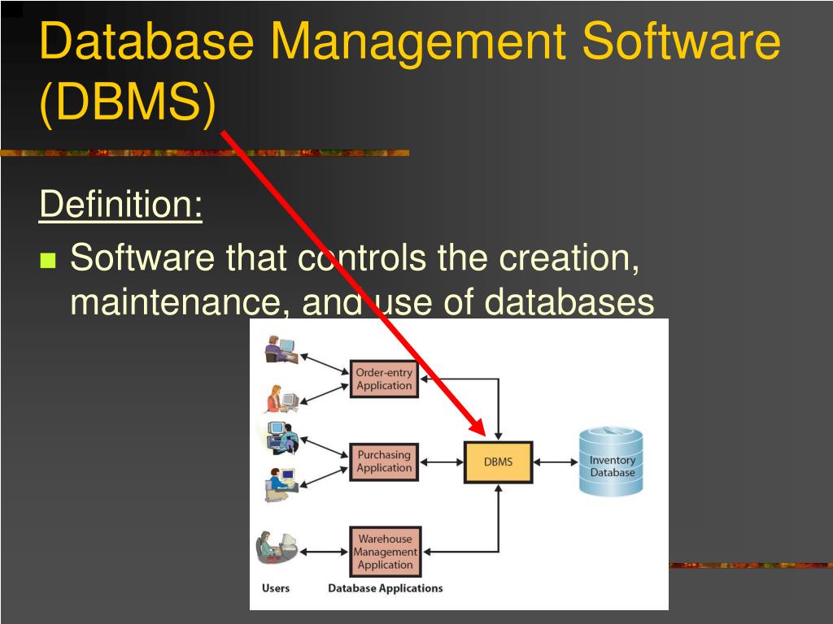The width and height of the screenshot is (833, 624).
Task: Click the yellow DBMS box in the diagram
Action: point(498,462)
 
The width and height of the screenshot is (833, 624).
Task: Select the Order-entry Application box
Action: point(384,379)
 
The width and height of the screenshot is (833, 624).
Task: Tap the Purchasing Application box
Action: point(384,461)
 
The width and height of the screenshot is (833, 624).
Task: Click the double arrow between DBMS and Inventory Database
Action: point(556,462)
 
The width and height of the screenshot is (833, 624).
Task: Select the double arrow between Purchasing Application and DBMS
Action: point(441,462)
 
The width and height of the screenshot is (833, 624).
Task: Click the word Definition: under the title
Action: point(120,204)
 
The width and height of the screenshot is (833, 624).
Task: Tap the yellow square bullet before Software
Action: point(48,261)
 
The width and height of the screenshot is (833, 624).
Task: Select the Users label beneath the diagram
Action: point(275,588)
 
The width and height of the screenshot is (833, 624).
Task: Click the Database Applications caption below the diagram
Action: point(385,588)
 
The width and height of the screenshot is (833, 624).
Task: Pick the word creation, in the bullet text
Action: point(567,258)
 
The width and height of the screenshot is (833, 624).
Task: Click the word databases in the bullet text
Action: point(569,302)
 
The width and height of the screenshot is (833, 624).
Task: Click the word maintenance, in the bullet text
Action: point(179,302)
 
